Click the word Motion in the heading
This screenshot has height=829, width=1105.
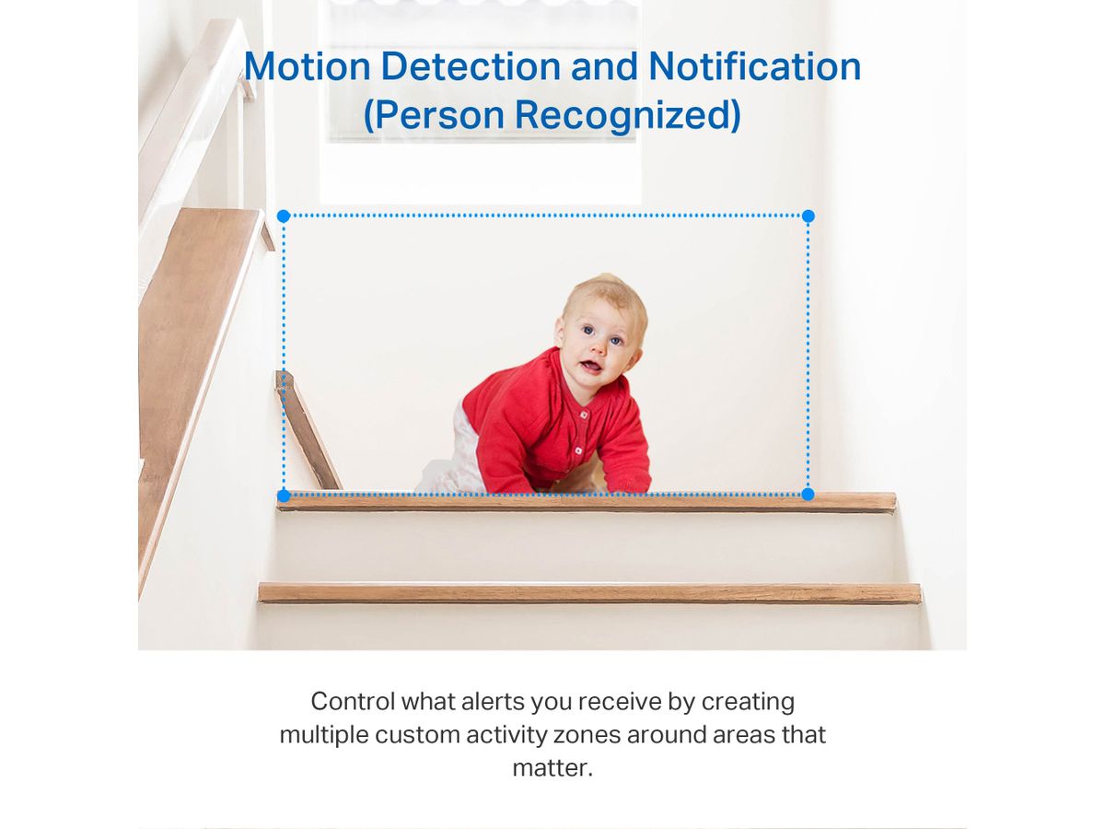[308, 66]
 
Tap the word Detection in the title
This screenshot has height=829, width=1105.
[471, 66]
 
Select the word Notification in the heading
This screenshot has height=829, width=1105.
[754, 66]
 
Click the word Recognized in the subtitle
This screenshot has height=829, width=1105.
[627, 116]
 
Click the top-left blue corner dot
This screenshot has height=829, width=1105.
[284, 216]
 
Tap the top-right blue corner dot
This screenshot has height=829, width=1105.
[808, 216]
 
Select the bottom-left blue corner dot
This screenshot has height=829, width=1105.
[284, 496]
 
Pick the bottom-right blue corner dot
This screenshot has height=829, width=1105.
[808, 495]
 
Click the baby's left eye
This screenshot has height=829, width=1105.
[616, 341]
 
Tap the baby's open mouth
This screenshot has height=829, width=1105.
[590, 366]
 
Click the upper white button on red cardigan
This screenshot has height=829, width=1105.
[584, 415]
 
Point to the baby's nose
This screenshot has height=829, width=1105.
[598, 348]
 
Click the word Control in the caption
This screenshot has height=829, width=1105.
[353, 701]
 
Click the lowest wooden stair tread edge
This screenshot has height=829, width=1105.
[589, 593]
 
